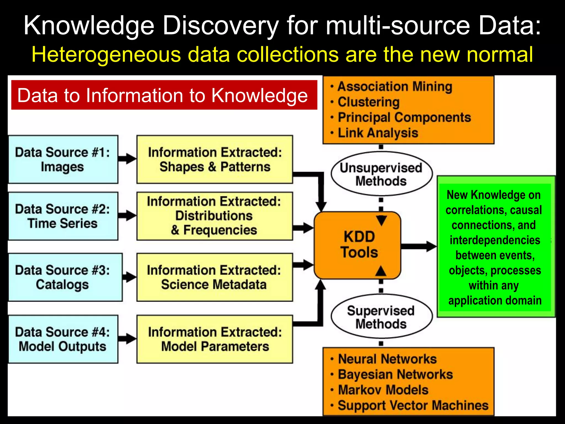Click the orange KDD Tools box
tap(358, 245)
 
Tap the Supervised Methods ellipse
tap(381, 317)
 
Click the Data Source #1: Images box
tap(63, 160)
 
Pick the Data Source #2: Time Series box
tap(63, 216)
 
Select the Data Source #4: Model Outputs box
tap(63, 339)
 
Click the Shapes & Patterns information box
tap(215, 160)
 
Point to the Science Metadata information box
tap(215, 277)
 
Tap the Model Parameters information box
tap(215, 339)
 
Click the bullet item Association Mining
tap(395, 87)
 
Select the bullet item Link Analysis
tap(378, 133)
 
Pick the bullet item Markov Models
tap(383, 390)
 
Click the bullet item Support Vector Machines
tap(413, 406)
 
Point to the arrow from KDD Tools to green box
tap(419, 246)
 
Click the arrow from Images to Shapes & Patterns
tap(127, 158)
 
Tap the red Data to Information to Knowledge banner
tap(164, 95)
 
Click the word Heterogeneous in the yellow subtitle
tap(106, 55)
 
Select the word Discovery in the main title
tap(221, 26)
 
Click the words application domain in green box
tap(495, 301)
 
